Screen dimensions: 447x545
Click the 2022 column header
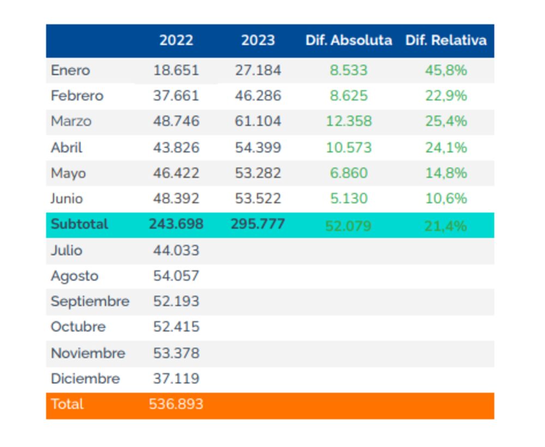click(x=176, y=40)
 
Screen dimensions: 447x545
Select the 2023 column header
click(x=258, y=40)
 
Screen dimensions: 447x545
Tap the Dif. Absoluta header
click(x=349, y=40)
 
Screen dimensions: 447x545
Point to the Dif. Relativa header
click(x=446, y=40)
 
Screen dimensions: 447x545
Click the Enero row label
click(x=70, y=70)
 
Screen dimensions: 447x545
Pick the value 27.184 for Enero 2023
click(x=258, y=70)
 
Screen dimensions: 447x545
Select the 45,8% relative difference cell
click(x=446, y=70)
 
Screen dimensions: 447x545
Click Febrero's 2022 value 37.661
click(x=176, y=96)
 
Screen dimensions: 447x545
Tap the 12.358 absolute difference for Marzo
click(x=349, y=121)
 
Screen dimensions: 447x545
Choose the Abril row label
click(x=66, y=147)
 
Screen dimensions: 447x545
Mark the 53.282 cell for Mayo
click(x=258, y=173)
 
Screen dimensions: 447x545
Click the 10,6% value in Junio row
click(x=446, y=198)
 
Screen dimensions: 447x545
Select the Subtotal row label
click(x=80, y=224)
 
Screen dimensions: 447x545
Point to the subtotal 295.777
click(x=258, y=224)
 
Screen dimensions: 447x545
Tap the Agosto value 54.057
click(x=176, y=276)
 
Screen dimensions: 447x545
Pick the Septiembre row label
click(x=90, y=301)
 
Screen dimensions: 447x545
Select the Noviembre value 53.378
click(x=176, y=353)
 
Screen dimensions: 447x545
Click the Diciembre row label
click(x=85, y=378)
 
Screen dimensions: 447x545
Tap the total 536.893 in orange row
click(x=176, y=404)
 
